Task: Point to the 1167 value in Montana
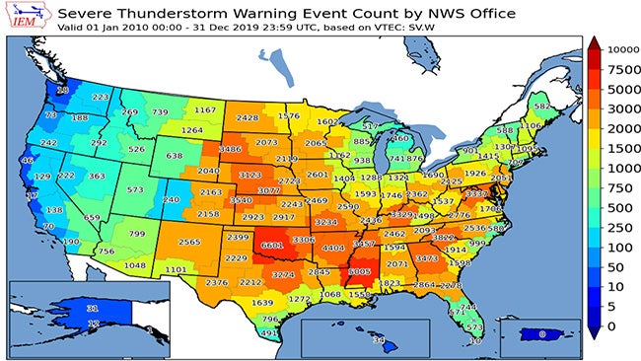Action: click(204, 110)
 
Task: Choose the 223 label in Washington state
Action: click(101, 98)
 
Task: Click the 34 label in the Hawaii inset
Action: click(377, 340)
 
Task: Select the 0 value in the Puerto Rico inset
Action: click(541, 334)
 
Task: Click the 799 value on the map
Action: click(137, 234)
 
